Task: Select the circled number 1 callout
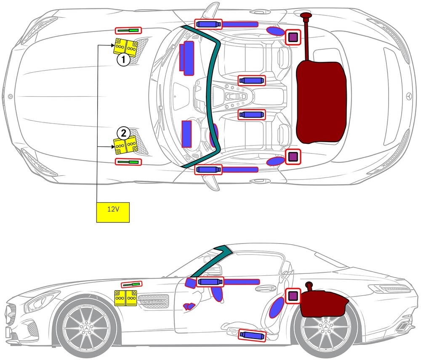point(123,61)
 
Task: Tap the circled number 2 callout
point(123,133)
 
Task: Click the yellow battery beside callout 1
point(126,47)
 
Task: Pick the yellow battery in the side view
point(125,297)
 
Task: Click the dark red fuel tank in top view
point(321,101)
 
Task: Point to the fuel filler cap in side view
point(309,284)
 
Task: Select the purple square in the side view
point(293,296)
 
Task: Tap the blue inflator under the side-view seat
point(252,335)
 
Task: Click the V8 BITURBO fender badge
point(153,302)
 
